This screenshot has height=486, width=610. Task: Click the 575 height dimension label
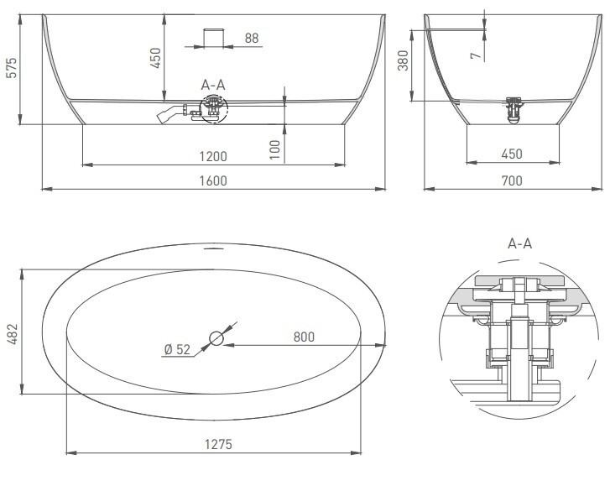(x=12, y=68)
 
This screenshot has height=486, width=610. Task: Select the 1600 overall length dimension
(x=213, y=181)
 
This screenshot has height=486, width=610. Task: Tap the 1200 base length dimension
(x=213, y=156)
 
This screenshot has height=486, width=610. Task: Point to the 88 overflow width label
(x=252, y=38)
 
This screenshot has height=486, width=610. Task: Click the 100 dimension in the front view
(x=274, y=149)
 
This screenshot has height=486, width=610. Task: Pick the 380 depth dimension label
(x=404, y=60)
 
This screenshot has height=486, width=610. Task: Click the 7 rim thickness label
(x=476, y=56)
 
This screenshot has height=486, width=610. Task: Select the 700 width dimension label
(x=512, y=181)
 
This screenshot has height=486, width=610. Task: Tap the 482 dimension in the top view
(x=12, y=334)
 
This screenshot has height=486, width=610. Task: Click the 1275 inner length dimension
(x=218, y=444)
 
